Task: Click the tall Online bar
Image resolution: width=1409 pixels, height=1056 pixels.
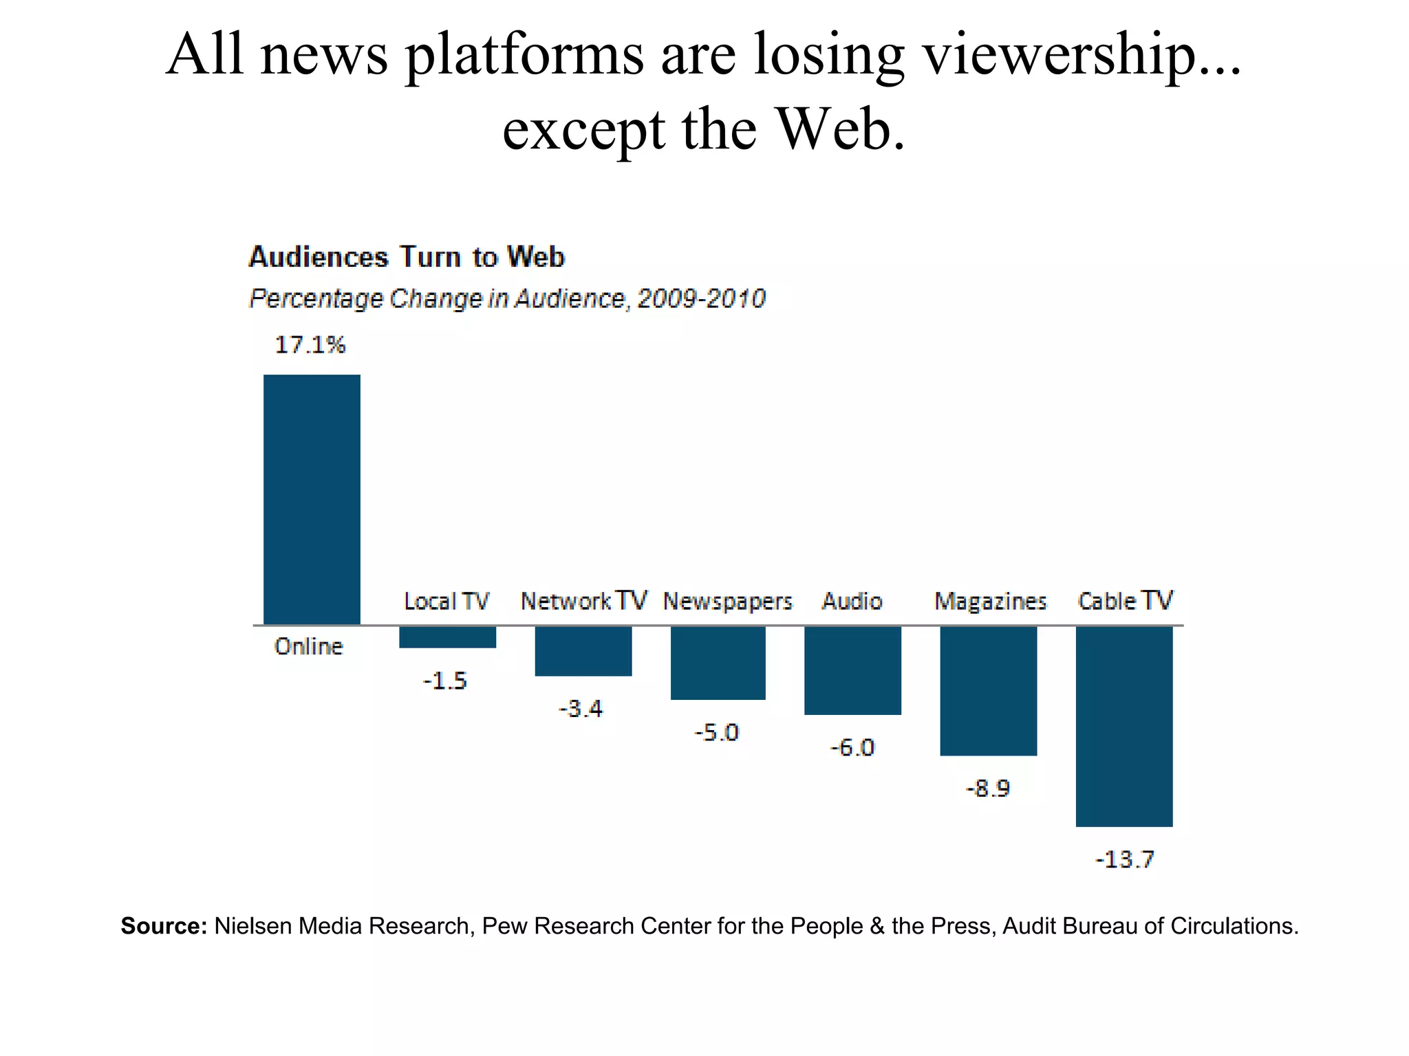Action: tap(312, 499)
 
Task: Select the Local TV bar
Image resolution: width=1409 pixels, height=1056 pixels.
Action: tap(447, 637)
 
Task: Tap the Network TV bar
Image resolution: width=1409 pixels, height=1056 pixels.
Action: tap(583, 650)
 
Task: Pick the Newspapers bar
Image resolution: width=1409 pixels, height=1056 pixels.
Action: tap(718, 663)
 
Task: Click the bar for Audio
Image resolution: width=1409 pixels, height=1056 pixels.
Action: tap(852, 670)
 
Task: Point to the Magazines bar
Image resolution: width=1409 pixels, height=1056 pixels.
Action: tap(988, 690)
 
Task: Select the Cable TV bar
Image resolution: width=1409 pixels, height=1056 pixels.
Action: tap(1123, 726)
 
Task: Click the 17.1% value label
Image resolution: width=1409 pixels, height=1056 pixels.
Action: tap(310, 344)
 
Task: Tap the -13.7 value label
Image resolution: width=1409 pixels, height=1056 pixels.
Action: tap(1124, 859)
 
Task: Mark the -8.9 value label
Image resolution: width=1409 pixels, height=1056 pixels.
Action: tap(988, 788)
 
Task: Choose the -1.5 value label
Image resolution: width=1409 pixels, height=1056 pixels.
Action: tap(445, 681)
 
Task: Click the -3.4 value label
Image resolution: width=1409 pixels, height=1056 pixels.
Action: tap(581, 708)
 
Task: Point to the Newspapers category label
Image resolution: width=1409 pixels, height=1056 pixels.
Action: tap(727, 602)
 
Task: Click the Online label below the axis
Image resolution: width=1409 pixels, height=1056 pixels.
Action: tap(308, 646)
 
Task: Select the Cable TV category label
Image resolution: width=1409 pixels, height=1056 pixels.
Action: tap(1125, 601)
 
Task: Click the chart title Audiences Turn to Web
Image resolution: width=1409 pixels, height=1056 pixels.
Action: tap(406, 257)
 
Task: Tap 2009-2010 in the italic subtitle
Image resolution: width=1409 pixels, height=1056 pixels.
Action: tap(701, 298)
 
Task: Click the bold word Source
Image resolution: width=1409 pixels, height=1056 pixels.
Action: tap(164, 926)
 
